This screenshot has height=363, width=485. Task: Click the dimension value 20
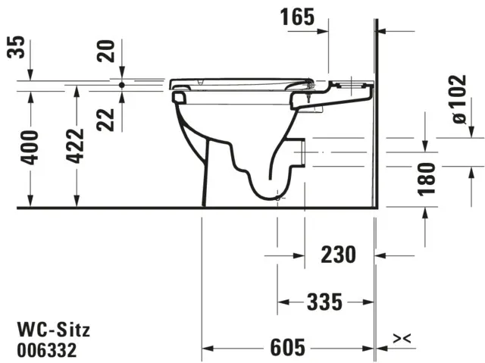point(107,52)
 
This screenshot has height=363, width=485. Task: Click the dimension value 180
point(427,179)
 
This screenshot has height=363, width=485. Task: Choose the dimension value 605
point(289,349)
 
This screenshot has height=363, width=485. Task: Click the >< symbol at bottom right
point(402,337)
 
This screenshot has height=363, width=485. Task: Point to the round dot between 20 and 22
point(121,85)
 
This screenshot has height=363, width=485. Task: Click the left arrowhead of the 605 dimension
point(206,349)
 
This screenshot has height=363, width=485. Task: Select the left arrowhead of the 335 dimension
point(282,302)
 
